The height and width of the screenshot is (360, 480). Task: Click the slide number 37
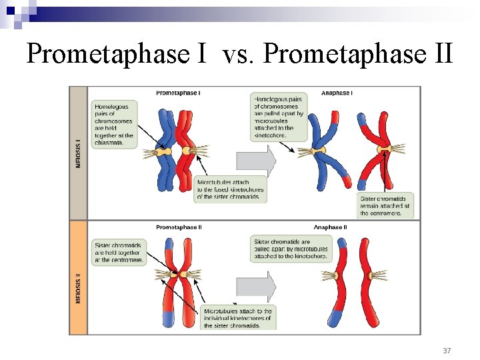point(447,350)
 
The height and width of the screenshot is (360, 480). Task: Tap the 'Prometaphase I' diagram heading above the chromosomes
point(177,93)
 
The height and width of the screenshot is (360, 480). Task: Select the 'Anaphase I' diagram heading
point(337,93)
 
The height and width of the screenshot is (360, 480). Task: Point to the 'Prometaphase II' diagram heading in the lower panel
point(179,227)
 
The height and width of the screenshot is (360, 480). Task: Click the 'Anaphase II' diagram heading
point(331,227)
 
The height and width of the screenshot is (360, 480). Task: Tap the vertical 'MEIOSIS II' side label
point(79,287)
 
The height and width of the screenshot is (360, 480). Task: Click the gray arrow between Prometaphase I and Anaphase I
point(256,161)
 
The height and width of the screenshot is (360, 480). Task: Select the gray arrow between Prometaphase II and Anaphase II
point(256,287)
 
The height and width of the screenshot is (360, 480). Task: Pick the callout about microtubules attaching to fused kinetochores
point(230,189)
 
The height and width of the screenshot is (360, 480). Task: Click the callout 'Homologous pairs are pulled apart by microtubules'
point(279,117)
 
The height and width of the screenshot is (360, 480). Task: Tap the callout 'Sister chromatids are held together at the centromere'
point(118,252)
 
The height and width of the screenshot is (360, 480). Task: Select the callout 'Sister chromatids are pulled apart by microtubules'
point(291,249)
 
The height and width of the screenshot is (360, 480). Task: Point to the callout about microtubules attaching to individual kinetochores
point(238,318)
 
